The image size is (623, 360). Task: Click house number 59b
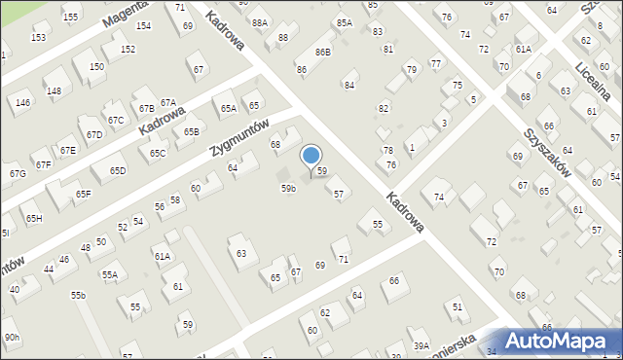(288, 188)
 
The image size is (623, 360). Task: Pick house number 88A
(259, 22)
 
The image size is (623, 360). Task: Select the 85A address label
(344, 22)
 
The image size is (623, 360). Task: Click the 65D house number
(118, 171)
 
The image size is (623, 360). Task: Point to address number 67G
(18, 173)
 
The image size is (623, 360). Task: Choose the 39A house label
(421, 345)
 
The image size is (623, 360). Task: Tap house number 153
(38, 37)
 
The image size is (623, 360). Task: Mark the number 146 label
(22, 102)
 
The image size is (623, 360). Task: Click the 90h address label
(12, 337)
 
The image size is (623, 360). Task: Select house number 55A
(109, 275)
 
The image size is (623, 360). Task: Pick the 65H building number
(34, 218)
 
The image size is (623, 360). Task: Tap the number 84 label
(348, 86)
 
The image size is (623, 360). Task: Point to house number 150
(96, 66)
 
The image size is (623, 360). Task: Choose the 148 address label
(54, 90)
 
